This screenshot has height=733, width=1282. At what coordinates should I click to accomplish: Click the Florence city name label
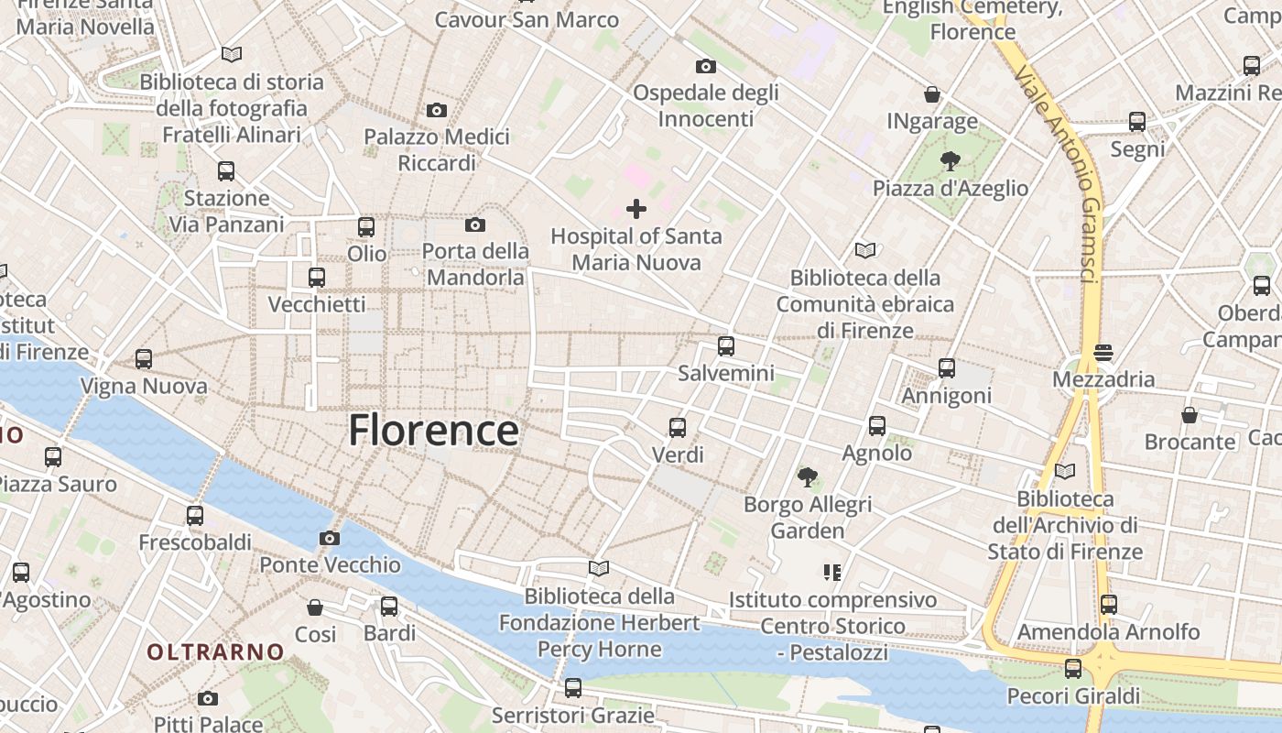[433, 430]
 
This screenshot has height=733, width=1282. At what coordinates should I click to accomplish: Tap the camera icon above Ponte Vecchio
[330, 538]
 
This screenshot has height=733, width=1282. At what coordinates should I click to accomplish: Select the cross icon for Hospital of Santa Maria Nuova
[636, 209]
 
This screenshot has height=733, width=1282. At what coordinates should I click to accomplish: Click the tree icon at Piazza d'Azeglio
[951, 161]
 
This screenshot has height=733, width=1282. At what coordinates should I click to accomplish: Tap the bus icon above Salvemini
[726, 346]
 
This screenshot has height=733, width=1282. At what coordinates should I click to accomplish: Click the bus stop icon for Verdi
[678, 427]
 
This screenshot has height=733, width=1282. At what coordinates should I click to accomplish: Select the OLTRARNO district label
[216, 651]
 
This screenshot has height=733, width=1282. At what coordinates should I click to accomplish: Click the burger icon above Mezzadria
[1103, 352]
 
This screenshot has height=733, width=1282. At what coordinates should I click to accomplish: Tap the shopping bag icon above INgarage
[932, 94]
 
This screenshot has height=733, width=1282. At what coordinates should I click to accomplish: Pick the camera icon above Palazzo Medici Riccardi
[437, 110]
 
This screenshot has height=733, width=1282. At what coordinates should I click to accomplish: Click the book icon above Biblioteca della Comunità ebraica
[864, 250]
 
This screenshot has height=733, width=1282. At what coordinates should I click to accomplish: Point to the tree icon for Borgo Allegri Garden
[807, 476]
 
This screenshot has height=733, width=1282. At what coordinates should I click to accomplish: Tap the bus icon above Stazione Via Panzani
[226, 170]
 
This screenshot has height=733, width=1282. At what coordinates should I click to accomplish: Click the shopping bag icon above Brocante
[1190, 415]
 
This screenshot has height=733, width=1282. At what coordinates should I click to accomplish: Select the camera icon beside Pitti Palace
[208, 698]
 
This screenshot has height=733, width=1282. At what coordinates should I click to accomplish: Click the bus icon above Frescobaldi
[195, 515]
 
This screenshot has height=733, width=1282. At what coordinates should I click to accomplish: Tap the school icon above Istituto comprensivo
[832, 573]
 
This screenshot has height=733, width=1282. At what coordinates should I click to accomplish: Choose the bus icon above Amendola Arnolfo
[1109, 605]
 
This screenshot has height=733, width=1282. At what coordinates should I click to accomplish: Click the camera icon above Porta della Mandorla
[475, 224]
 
